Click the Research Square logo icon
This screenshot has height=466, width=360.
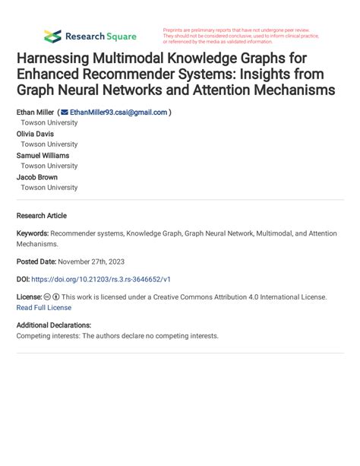point(52,36)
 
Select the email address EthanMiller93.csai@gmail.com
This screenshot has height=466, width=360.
point(118,112)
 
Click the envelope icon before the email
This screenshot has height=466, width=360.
point(65,112)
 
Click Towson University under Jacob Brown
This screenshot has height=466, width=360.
point(49,187)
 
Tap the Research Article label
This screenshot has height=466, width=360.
point(42,216)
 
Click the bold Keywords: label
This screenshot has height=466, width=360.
point(33,235)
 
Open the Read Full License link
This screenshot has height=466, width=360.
point(44,308)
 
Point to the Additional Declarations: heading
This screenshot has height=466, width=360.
point(53,325)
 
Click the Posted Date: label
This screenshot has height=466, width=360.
point(39,261)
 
